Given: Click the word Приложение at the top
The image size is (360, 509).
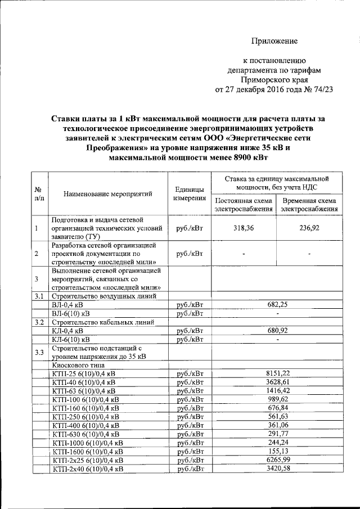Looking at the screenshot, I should click(x=274, y=40).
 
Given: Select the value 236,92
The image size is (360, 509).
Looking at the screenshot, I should click(x=309, y=229).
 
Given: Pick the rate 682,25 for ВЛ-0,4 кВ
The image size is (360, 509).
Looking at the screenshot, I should click(x=276, y=304).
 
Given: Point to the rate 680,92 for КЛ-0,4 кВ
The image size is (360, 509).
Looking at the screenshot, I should click(x=276, y=331).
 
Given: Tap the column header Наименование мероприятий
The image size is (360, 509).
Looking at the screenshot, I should click(x=109, y=194).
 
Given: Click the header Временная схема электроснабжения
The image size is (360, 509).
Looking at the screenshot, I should click(x=309, y=205).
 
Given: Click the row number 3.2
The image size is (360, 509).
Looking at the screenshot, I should click(x=38, y=322).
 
